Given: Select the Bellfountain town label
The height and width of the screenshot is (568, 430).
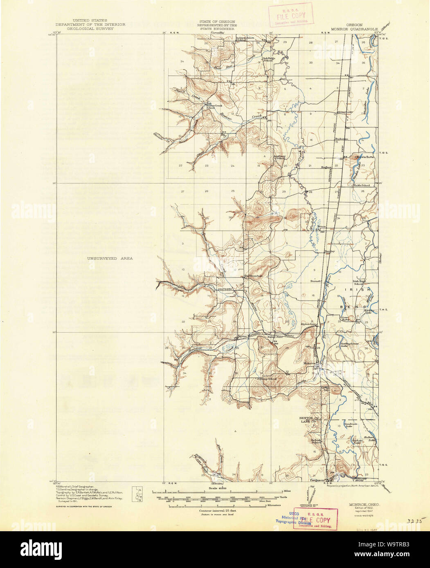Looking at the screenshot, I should [253, 276].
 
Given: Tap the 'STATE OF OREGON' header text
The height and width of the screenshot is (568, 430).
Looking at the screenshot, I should [217, 20].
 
